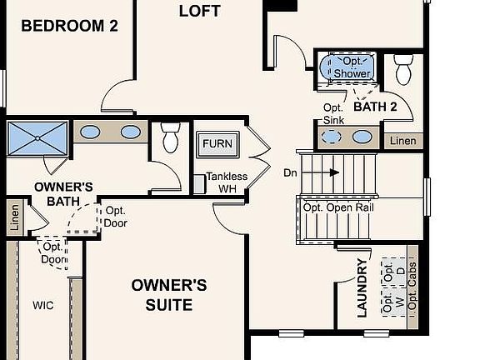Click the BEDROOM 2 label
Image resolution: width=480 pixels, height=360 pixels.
point(69,26)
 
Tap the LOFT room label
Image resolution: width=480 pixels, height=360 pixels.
point(200,11)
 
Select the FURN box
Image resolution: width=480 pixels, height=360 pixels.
point(217,144)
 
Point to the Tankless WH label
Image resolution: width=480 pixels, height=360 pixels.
point(227,182)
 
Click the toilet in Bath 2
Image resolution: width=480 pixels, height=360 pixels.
point(404,70)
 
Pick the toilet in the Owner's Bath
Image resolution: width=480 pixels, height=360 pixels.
point(170,137)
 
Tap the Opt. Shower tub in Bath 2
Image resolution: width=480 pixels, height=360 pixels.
point(352,68)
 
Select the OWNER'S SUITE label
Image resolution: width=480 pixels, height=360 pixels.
point(169,295)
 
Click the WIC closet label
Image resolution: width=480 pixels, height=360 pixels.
point(42,306)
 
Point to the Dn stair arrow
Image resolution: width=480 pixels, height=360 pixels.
point(332,172)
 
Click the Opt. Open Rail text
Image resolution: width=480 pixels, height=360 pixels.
point(336,207)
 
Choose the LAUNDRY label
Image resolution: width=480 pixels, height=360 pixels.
point(362,288)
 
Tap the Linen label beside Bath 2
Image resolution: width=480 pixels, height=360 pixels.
point(402,141)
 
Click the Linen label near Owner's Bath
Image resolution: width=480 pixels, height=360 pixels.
point(14,218)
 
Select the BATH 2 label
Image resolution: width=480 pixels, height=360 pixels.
point(375,107)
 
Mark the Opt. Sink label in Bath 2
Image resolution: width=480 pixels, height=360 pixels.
point(333,114)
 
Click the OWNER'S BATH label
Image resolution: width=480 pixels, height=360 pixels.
point(63,193)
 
